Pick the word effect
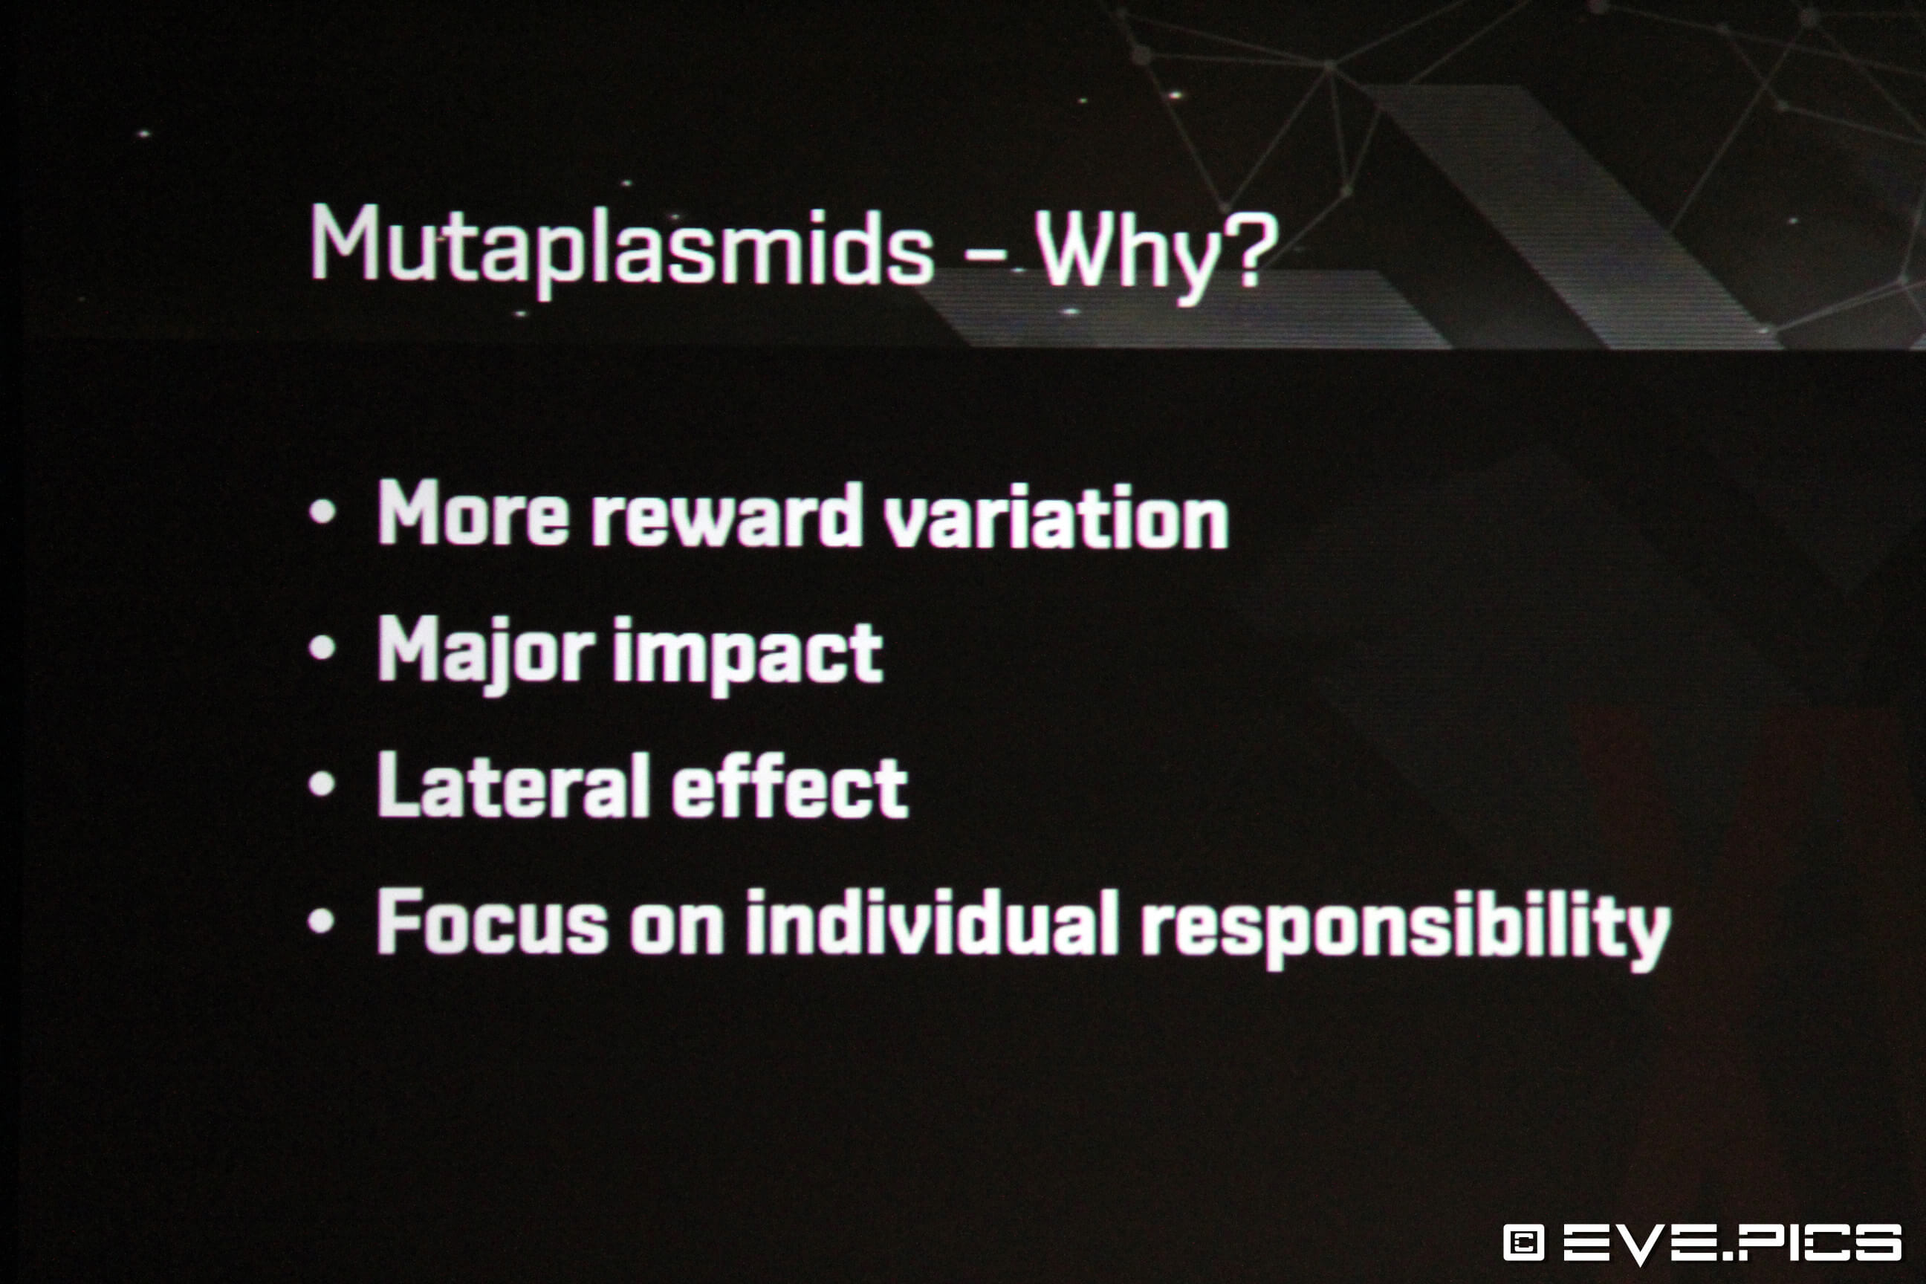[789, 787]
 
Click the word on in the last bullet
[676, 930]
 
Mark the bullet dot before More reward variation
[322, 513]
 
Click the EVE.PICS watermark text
[1733, 1242]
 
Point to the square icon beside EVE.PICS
[1524, 1242]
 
